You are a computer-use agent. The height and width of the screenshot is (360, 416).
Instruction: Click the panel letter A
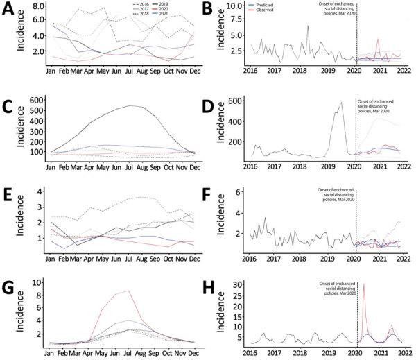point(10,9)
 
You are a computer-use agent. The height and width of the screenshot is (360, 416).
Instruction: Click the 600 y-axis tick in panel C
point(35,101)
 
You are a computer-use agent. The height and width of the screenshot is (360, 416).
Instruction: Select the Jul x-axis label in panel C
point(130,169)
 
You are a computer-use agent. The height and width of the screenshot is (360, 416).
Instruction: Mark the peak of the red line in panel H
point(364,284)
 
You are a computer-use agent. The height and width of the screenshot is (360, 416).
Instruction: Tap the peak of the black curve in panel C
point(130,106)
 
